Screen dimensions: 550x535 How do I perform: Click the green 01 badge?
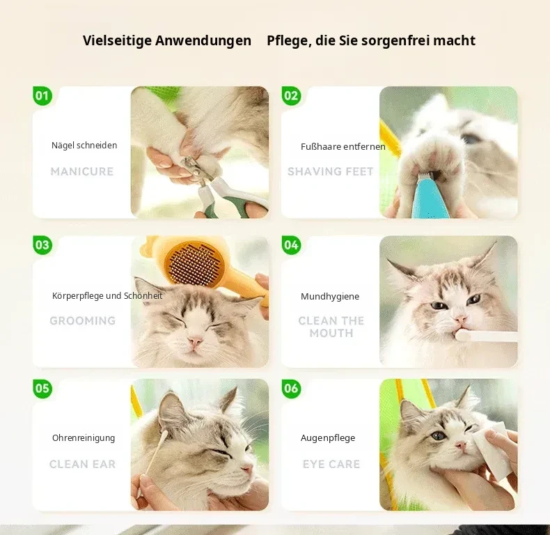pos(42,96)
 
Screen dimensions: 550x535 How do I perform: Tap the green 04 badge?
pos(291,245)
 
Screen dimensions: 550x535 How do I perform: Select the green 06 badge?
pos(291,389)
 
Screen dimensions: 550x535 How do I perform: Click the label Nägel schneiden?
pos(84,146)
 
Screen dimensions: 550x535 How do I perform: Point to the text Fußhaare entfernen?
pos(343,147)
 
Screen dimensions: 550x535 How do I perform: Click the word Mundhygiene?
pos(330,297)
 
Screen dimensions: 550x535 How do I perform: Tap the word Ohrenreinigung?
pos(84,438)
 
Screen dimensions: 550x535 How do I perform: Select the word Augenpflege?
pos(328,438)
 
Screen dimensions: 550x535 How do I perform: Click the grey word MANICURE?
pos(82,171)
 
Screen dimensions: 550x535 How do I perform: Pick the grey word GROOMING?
pos(83,320)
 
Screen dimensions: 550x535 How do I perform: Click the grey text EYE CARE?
pos(331,464)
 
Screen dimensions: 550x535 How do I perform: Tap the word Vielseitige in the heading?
pos(118,40)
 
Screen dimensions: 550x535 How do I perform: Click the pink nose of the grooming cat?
pos(194,341)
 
